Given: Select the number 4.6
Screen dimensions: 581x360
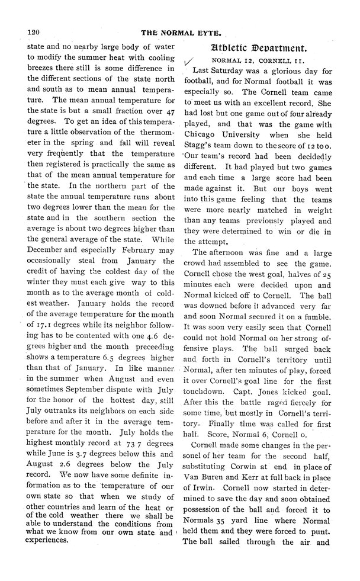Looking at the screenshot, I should pos(149,354).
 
